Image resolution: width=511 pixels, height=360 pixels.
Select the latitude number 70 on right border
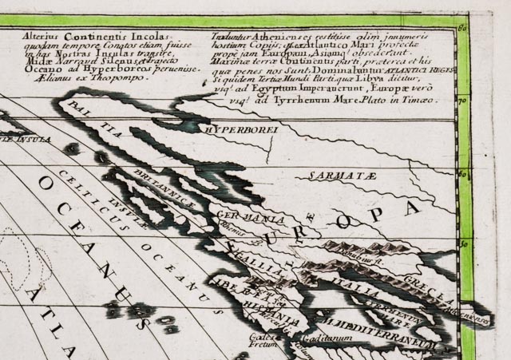pos(461,101)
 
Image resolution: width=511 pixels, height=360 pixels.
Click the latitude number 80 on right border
pos(462,30)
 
